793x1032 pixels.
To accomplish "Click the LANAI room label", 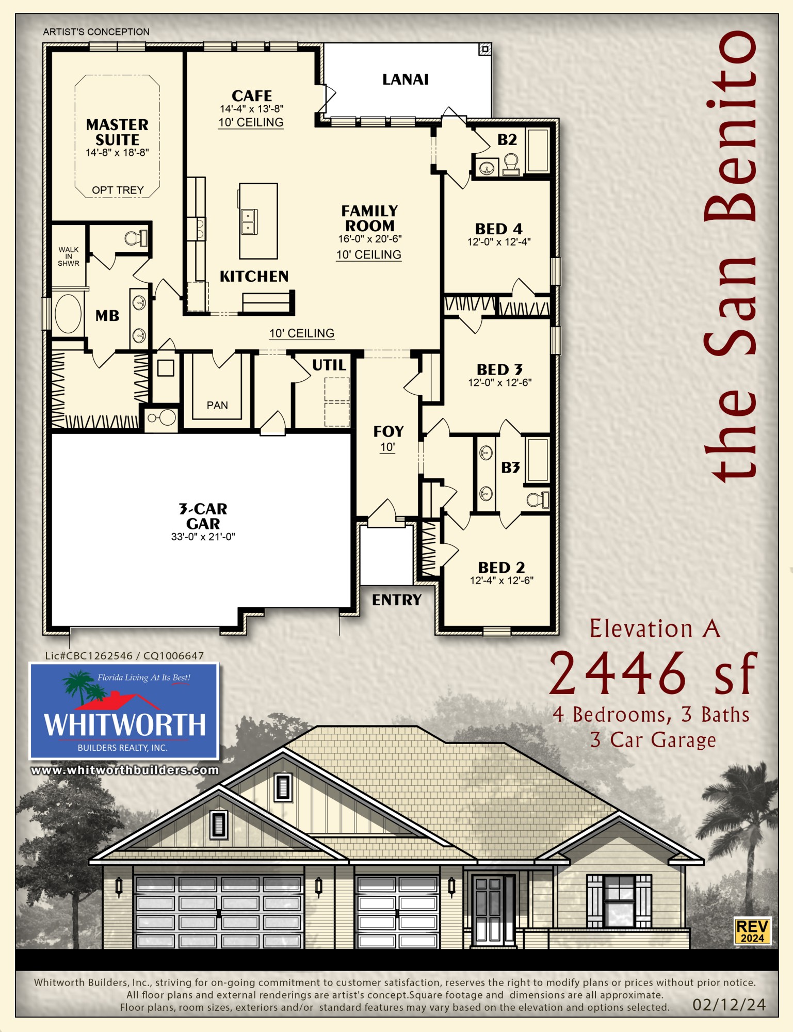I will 406,79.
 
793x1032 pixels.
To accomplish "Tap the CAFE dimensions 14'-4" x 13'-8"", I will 252,109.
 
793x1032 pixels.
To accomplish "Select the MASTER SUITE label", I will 117,132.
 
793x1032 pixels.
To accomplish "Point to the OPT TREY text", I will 118,190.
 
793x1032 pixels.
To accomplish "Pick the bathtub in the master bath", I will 68,314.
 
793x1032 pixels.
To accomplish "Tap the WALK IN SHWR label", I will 69,256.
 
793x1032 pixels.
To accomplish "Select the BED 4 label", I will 498,229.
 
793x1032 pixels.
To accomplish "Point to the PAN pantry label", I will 217,405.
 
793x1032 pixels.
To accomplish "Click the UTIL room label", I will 329,365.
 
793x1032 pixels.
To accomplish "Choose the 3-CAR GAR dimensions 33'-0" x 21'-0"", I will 203,537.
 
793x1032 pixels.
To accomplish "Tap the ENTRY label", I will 397,600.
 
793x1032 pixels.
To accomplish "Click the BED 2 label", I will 501,568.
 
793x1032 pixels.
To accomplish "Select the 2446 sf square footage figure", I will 653,673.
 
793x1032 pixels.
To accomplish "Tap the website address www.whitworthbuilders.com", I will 125,770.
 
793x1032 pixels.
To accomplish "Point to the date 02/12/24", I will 729,1004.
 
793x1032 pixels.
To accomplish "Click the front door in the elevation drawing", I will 488,910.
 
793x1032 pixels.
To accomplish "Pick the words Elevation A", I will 654,629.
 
